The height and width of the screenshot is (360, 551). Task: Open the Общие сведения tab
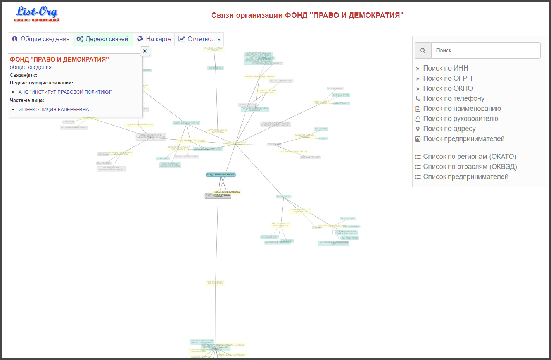tap(41, 39)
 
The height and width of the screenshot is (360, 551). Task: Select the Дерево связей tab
tap(103, 39)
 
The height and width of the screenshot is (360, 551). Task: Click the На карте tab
tap(154, 39)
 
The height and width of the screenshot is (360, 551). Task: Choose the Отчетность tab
tap(199, 39)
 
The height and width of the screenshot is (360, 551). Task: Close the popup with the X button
tap(145, 51)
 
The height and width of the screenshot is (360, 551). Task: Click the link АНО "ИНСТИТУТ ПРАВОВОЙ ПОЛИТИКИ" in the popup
tap(65, 92)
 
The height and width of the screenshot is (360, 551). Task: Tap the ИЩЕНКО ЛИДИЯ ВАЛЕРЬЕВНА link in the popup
tap(54, 110)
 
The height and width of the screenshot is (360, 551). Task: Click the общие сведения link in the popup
tap(31, 67)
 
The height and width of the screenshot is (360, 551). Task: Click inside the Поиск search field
tap(485, 50)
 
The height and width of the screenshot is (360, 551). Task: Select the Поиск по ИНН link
tap(446, 68)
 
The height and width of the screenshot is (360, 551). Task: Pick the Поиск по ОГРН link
tap(447, 78)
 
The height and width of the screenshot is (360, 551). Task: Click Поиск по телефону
tap(454, 98)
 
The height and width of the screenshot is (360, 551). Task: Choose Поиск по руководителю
tap(461, 119)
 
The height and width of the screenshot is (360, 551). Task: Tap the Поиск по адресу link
tap(449, 129)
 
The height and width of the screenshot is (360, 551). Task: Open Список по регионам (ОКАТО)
tap(470, 157)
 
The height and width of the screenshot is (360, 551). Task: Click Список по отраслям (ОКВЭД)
tap(470, 167)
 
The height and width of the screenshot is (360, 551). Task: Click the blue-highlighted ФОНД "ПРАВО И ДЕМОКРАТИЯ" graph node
tap(221, 175)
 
